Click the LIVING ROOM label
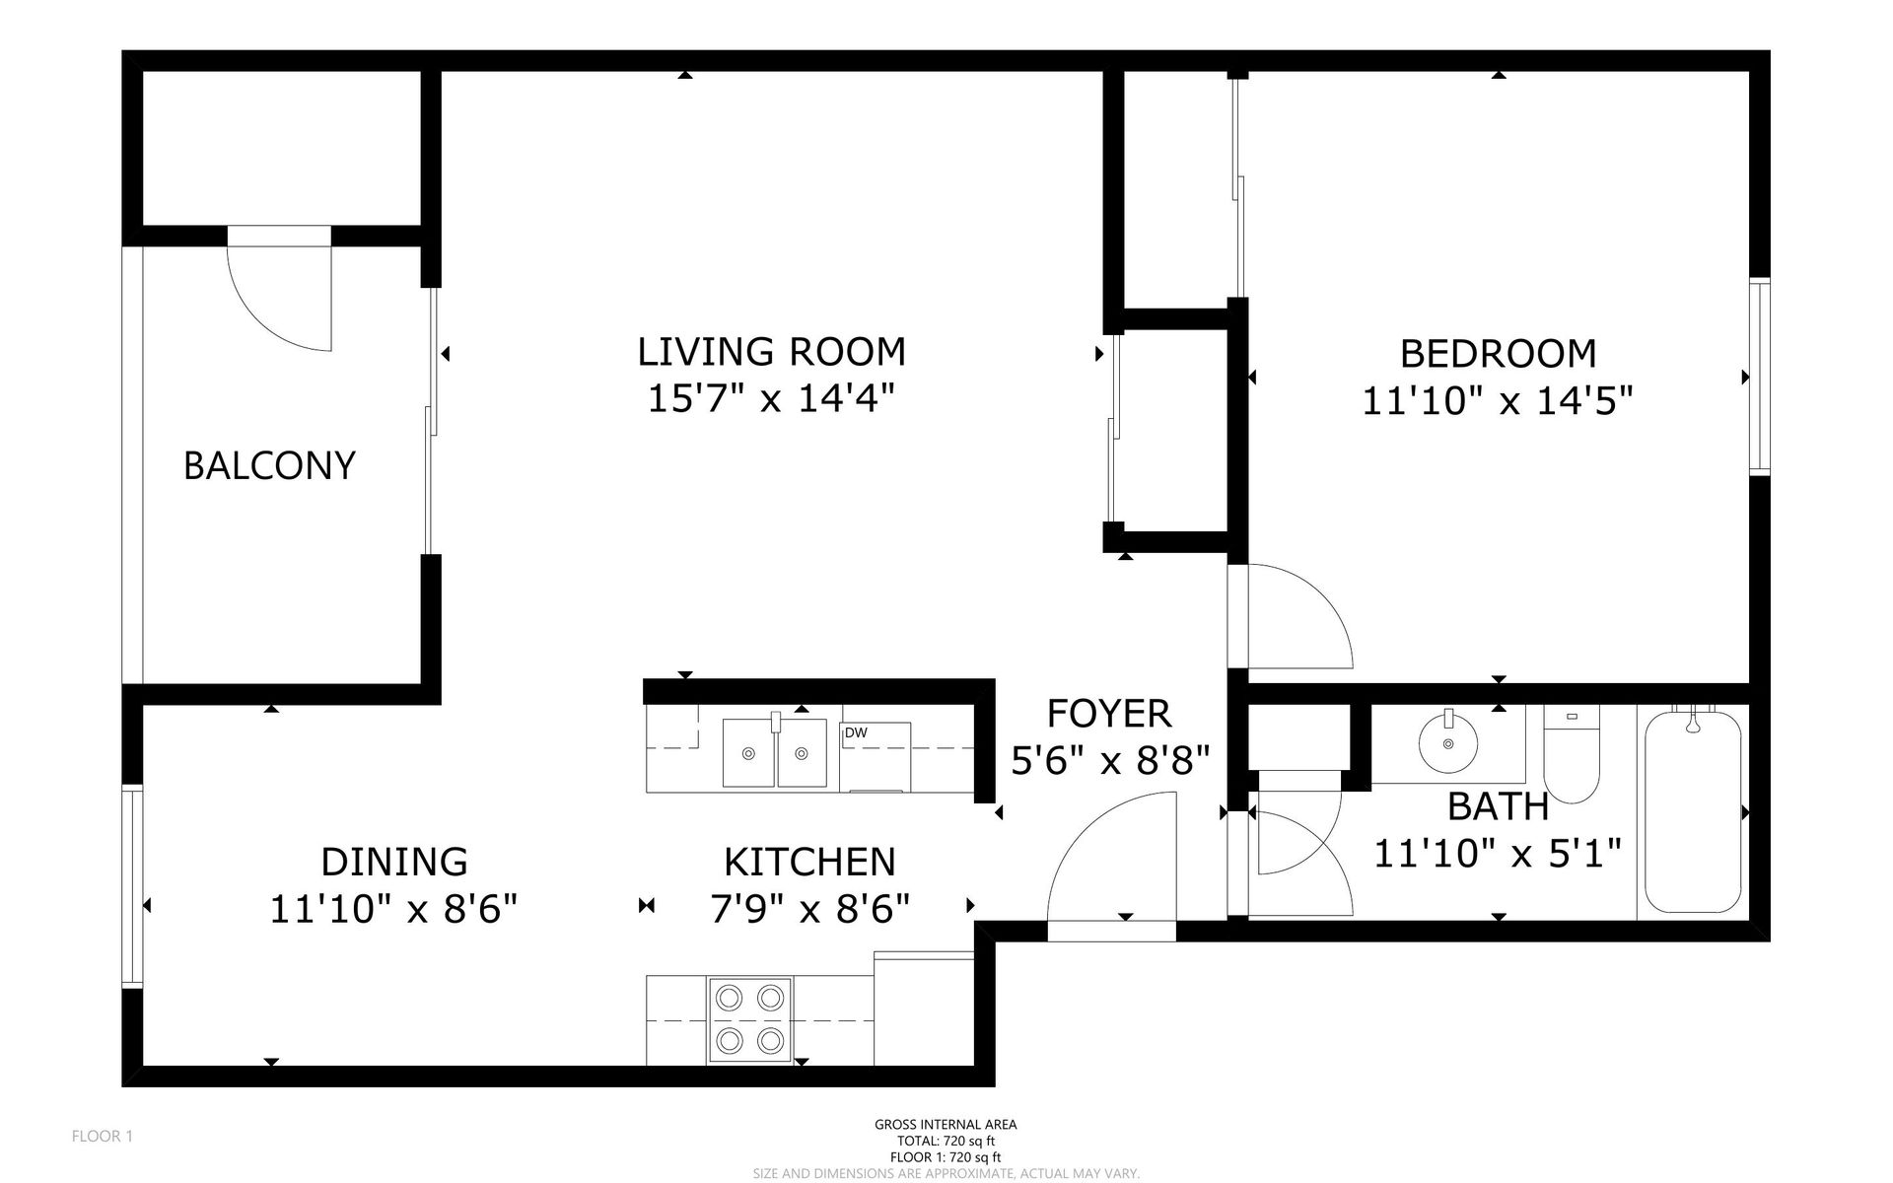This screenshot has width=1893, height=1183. click(x=771, y=352)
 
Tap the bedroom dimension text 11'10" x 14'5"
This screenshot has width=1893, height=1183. click(x=1498, y=401)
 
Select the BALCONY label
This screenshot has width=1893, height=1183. click(x=269, y=465)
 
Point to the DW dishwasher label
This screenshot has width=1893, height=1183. click(x=855, y=732)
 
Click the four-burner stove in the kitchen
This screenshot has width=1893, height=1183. click(x=749, y=1020)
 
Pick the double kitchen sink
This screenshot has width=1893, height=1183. click(x=774, y=753)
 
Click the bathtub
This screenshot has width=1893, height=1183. click(x=1692, y=812)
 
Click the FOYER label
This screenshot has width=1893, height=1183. click(x=1109, y=713)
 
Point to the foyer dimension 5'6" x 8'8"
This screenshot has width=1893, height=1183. click(x=1110, y=760)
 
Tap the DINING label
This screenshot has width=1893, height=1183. click(x=394, y=862)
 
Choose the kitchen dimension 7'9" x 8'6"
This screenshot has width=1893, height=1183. click(x=810, y=909)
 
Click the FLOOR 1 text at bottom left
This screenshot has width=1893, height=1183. click(x=103, y=1137)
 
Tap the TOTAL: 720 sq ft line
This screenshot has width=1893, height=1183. click(x=946, y=1141)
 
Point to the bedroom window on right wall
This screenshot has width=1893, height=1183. click(x=1759, y=378)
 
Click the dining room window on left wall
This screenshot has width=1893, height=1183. click(x=132, y=884)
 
